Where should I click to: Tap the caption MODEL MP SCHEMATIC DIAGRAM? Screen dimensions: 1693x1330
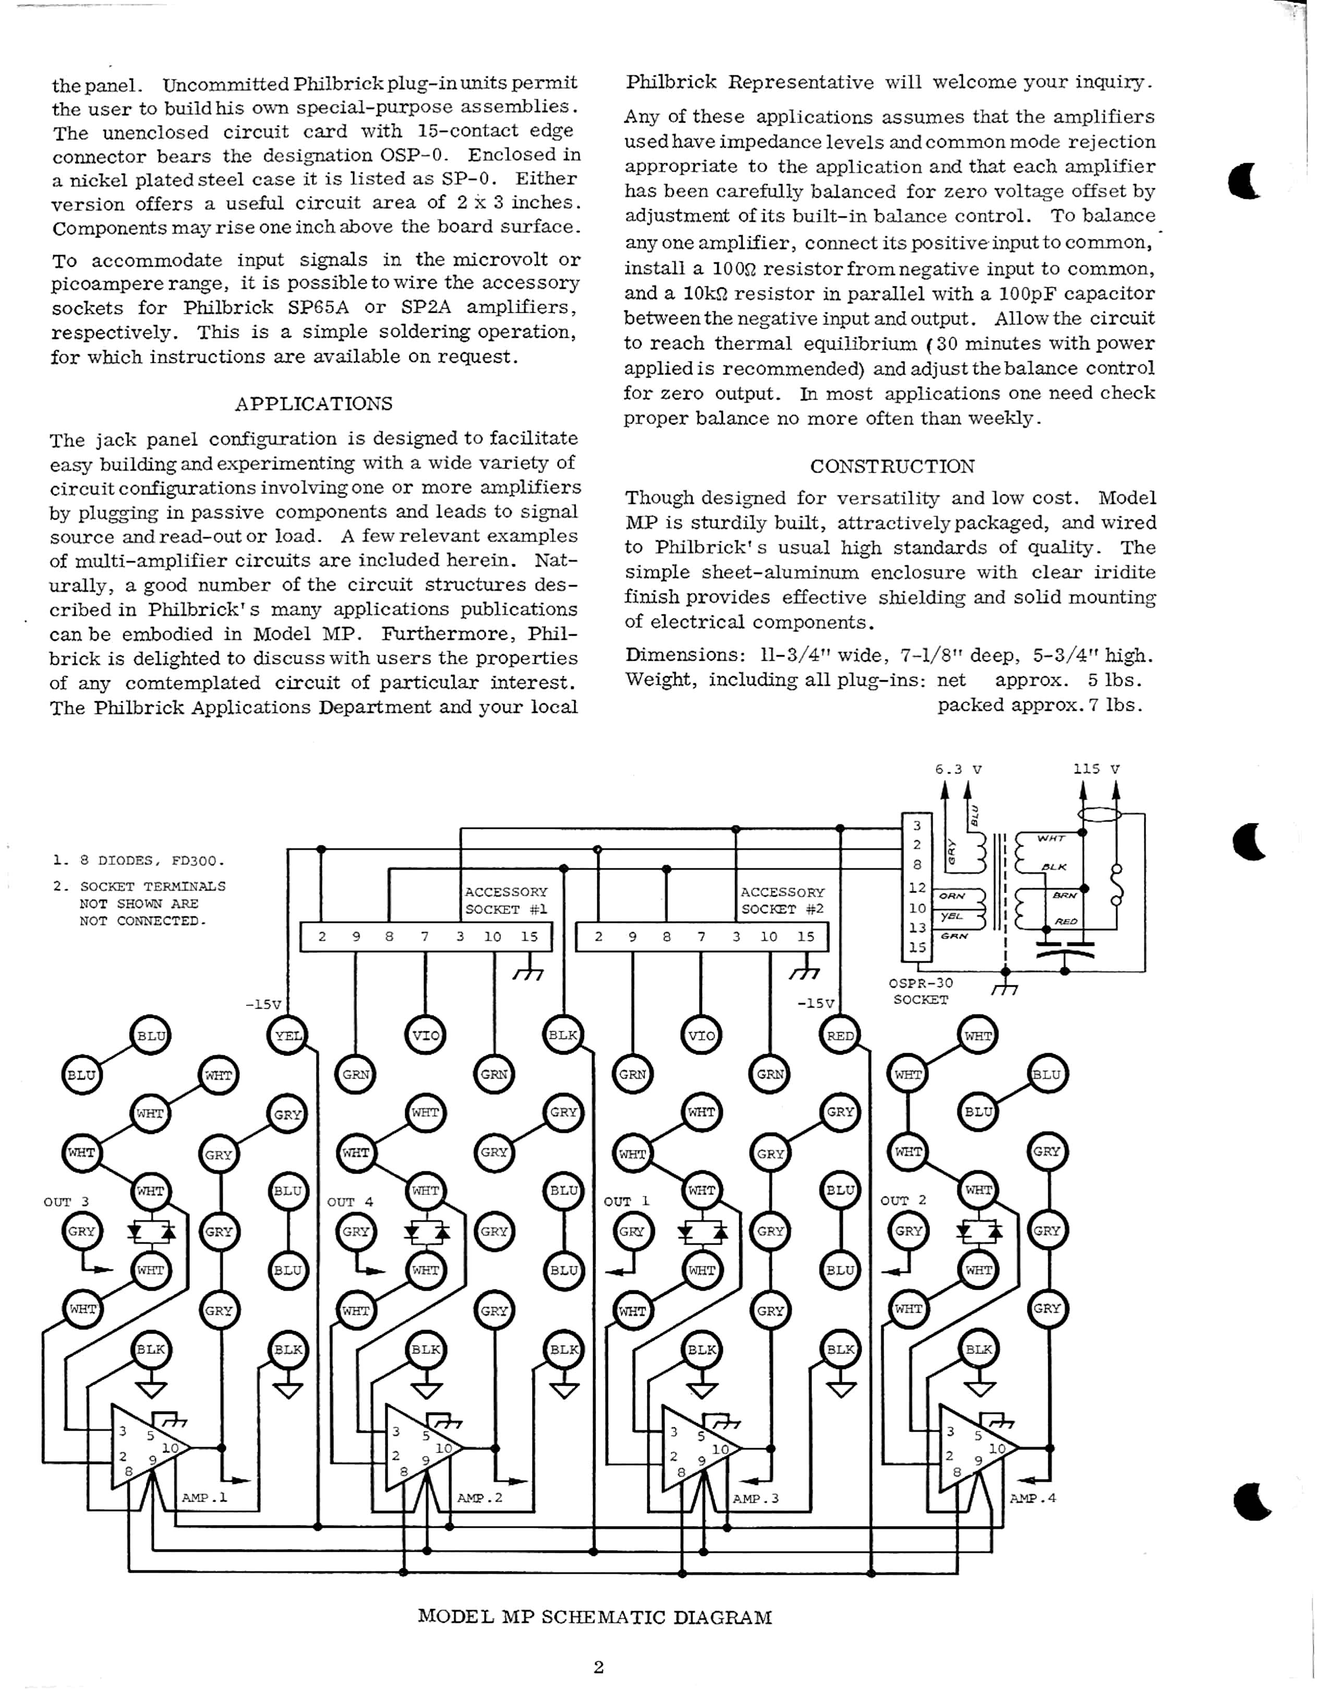[x=595, y=1617]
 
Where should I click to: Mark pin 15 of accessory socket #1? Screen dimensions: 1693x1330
[x=529, y=937]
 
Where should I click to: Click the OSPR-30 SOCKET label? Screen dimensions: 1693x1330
[x=921, y=991]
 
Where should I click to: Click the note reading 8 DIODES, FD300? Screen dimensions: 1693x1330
[x=139, y=861]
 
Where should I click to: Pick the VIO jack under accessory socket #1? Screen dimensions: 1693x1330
[x=425, y=1036]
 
